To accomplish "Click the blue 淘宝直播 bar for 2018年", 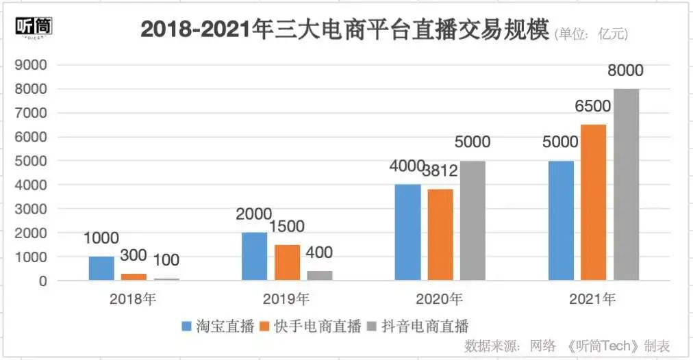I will click(101, 268).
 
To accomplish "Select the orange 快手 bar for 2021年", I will click(594, 203).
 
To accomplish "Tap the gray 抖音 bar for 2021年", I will click(626, 185).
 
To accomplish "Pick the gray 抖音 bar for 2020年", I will click(473, 220).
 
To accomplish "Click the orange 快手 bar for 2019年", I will click(287, 262).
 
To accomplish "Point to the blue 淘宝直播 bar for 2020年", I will click(408, 232).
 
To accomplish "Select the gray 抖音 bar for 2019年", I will click(319, 275).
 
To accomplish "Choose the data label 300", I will click(134, 255).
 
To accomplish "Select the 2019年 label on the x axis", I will click(286, 299).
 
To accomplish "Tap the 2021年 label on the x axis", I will click(593, 299).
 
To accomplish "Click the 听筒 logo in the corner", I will click(34, 27).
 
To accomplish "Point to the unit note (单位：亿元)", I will click(590, 33).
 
